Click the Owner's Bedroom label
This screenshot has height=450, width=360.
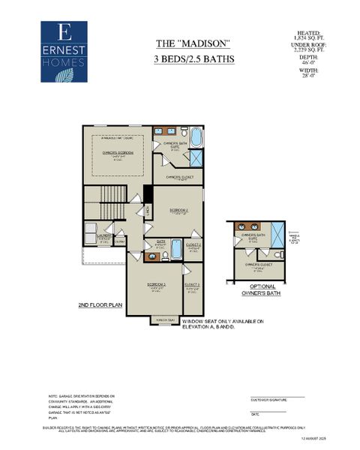pos(118,153)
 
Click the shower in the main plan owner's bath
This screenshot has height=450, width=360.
pos(196,158)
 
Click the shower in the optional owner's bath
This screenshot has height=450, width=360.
pos(276,231)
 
